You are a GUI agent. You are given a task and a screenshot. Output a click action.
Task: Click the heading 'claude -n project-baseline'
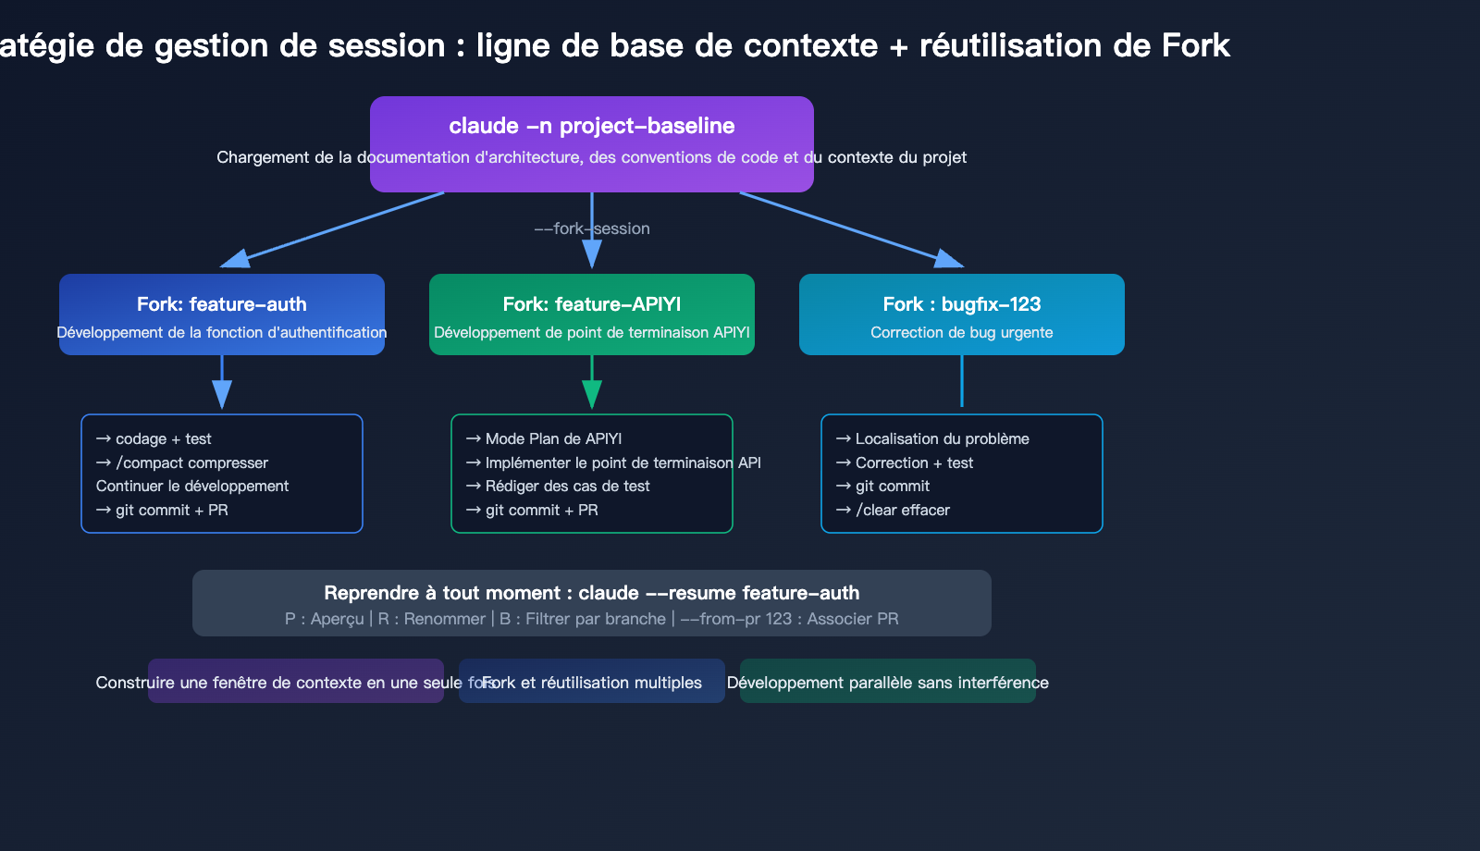click(x=591, y=126)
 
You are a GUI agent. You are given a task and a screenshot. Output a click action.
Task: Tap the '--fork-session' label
click(x=591, y=228)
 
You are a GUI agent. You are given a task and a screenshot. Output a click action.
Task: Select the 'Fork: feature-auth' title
click(x=221, y=304)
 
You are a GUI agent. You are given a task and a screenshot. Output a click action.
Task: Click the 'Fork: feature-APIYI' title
click(x=591, y=304)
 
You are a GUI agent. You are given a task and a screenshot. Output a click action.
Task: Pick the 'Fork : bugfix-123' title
click(x=961, y=304)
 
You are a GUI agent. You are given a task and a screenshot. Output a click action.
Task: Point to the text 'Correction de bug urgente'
click(x=961, y=332)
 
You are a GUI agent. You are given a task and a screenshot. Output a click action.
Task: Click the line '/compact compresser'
click(x=191, y=462)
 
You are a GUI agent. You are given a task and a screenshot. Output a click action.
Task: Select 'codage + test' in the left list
click(x=163, y=438)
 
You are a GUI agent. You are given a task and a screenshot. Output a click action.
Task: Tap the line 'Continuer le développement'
click(x=192, y=486)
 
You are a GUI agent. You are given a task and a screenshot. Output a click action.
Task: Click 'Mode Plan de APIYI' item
click(x=553, y=438)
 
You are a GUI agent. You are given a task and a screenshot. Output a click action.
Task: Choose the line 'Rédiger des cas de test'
click(x=567, y=486)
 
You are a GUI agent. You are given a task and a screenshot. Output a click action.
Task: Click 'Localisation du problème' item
click(x=942, y=438)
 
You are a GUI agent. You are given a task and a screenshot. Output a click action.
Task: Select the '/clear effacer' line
click(x=902, y=510)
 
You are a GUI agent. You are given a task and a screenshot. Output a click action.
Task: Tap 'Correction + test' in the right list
click(x=914, y=462)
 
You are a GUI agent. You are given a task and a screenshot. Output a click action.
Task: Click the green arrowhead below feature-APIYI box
click(x=592, y=396)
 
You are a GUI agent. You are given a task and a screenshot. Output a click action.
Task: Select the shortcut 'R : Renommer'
click(x=431, y=619)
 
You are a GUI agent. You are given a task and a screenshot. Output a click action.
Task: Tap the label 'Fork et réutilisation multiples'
click(x=592, y=683)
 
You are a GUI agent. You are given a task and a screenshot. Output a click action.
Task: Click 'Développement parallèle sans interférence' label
click(x=887, y=683)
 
